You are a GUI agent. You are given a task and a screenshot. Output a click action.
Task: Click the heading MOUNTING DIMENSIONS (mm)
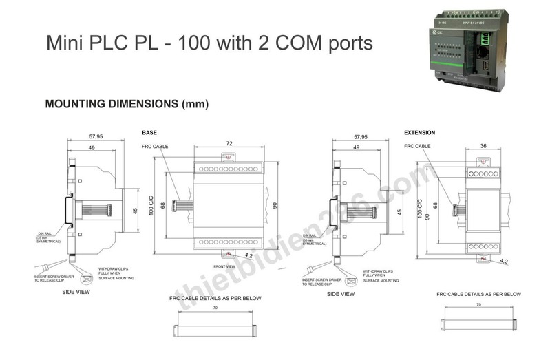pos(127,105)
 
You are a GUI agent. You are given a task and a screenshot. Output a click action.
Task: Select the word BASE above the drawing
pos(149,131)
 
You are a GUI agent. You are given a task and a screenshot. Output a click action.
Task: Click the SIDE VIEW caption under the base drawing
pos(76,292)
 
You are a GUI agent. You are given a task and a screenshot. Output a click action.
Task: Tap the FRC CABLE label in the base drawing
pos(155,147)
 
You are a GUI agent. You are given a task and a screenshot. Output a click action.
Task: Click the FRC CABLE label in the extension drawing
pos(417,146)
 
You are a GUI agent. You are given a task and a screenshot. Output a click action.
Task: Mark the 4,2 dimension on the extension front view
pos(504,261)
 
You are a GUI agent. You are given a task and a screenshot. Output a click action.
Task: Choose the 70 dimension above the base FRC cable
pos(215,308)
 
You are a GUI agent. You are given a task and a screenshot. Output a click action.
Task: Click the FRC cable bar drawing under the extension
pos(480,321)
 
